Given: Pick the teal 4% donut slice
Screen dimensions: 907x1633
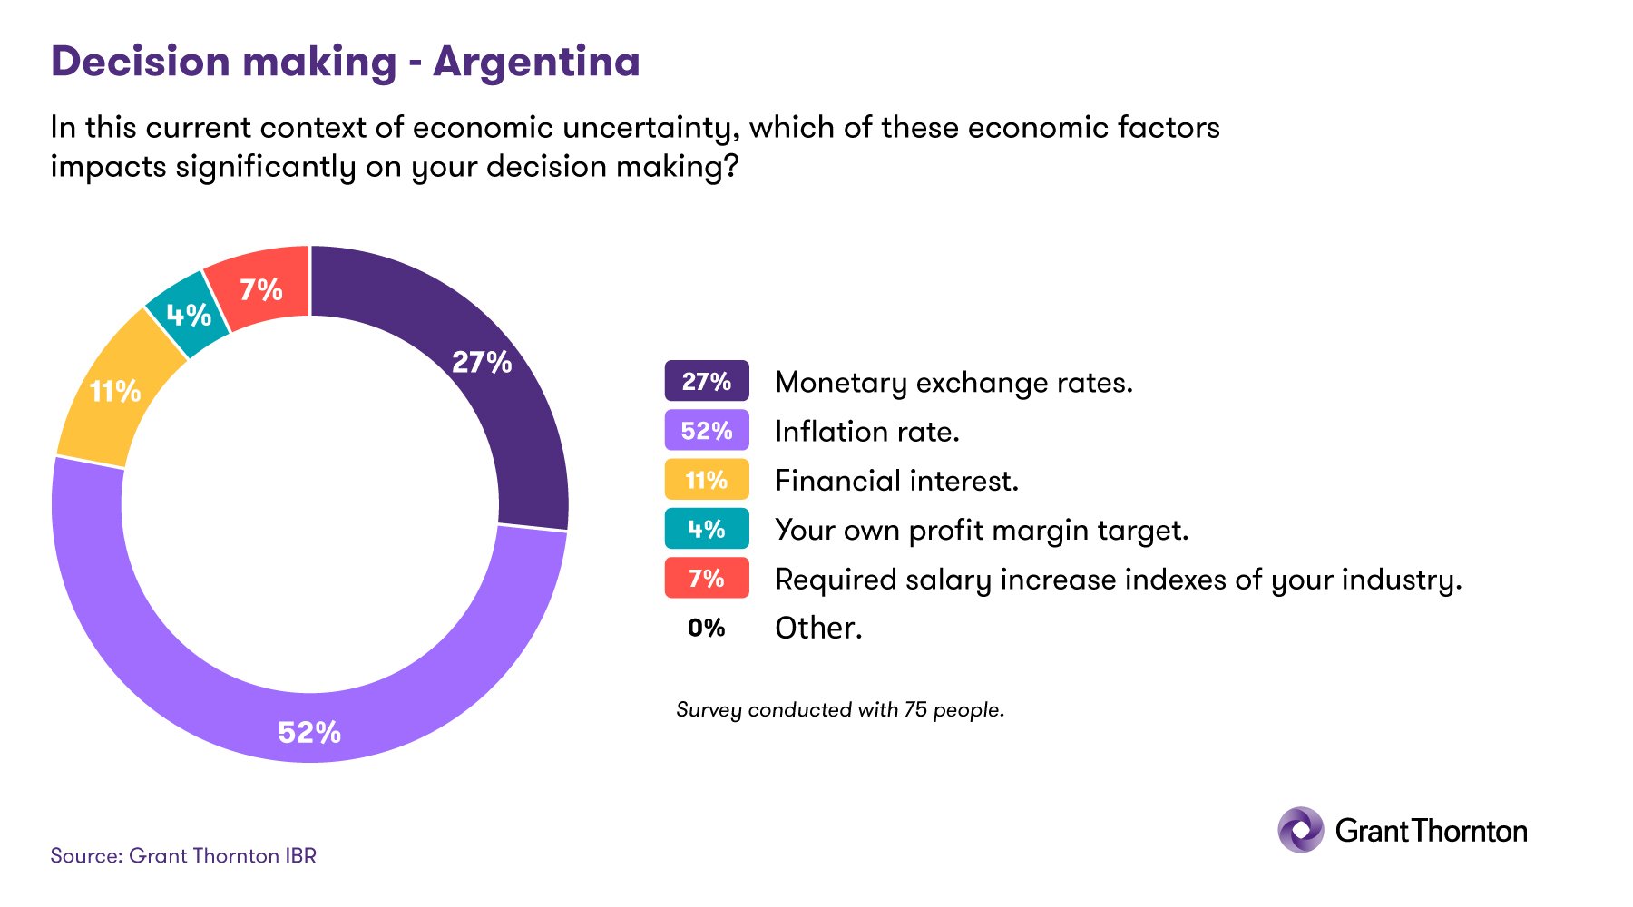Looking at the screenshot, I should (189, 315).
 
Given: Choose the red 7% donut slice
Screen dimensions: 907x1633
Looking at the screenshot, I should (261, 288).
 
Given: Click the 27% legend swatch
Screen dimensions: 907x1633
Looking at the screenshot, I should (707, 381).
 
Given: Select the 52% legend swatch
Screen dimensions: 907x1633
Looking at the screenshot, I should (707, 430).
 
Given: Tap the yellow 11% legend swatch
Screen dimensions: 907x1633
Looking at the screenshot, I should (707, 480).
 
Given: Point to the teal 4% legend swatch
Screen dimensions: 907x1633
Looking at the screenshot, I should (707, 529).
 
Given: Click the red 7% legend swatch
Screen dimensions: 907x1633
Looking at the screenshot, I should (707, 579).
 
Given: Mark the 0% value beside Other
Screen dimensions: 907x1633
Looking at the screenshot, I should (707, 628).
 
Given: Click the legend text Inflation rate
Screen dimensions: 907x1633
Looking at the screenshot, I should (866, 432).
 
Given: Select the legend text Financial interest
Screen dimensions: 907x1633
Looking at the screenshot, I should (896, 481).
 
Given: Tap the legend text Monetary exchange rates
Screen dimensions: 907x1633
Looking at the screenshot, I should (953, 383).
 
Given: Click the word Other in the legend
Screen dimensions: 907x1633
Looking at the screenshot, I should (817, 628).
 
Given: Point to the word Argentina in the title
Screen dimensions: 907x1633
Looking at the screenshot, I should (536, 62).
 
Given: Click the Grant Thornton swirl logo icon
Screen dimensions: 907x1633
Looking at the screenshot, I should (1301, 830).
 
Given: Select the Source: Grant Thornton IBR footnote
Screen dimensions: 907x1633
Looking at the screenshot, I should (183, 855).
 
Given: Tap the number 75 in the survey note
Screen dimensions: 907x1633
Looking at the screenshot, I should (915, 709).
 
